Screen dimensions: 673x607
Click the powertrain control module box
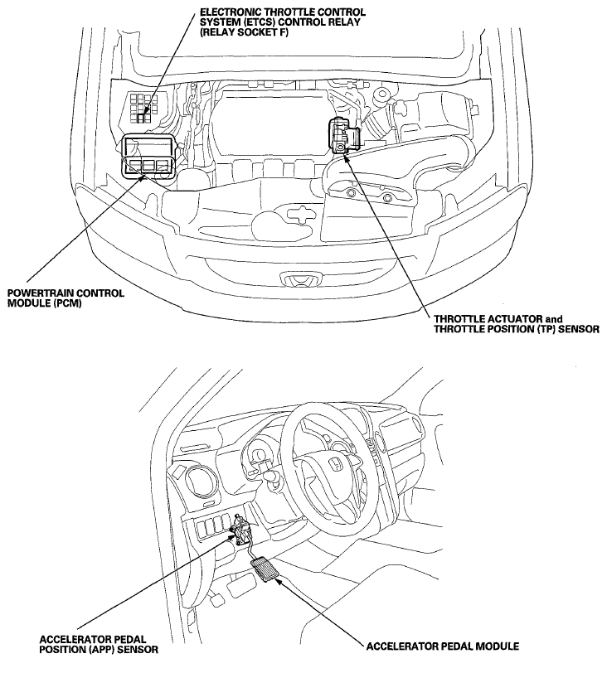coord(147,156)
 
